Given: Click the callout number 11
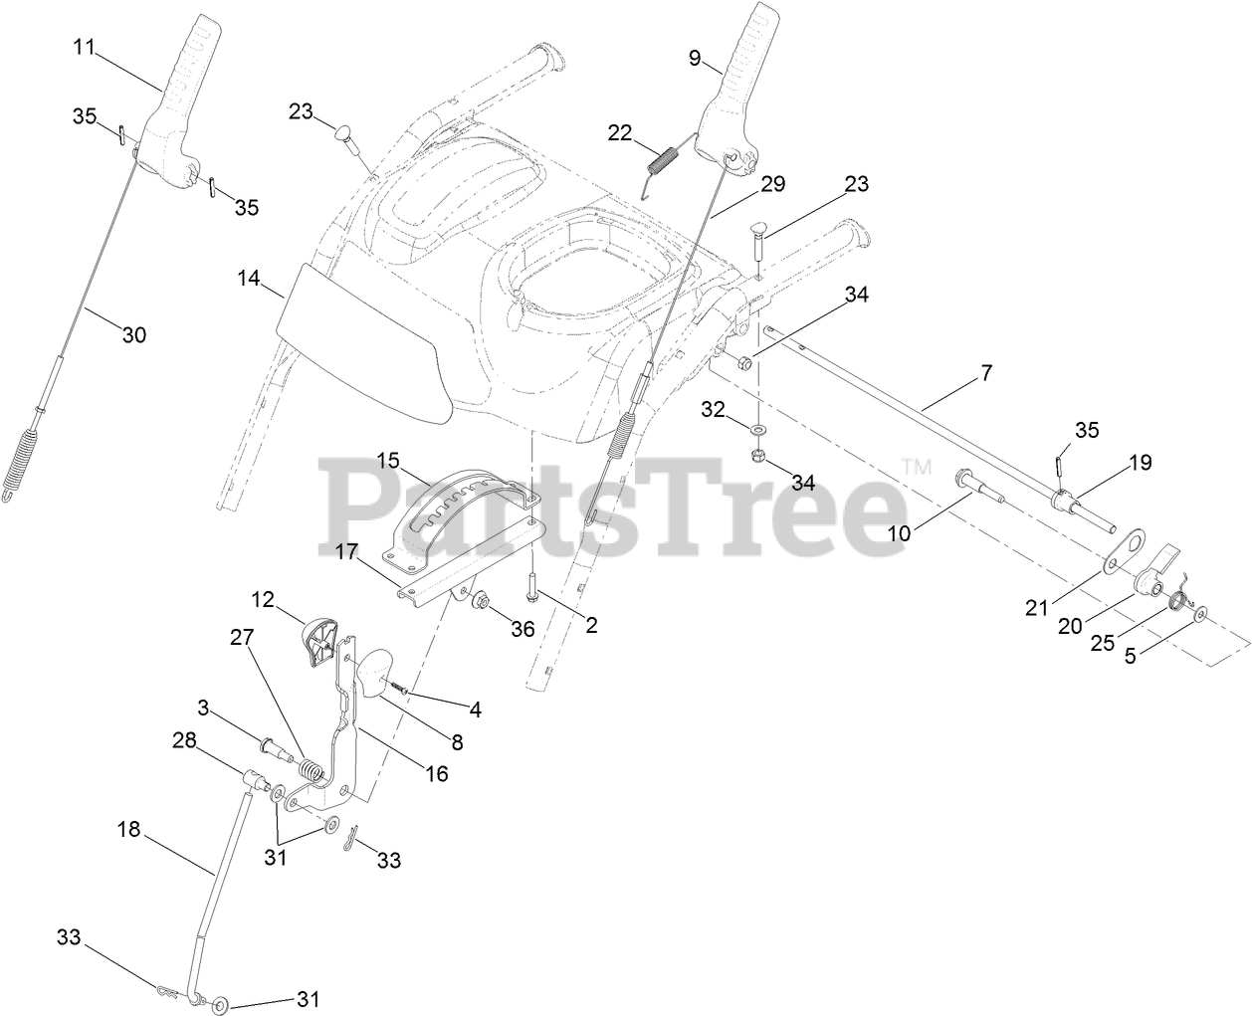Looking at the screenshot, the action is click(87, 47).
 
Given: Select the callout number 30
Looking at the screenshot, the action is click(133, 335).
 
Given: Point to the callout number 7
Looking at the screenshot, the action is click(985, 373).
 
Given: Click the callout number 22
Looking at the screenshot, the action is click(620, 133).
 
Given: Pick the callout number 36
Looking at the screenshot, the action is click(521, 628).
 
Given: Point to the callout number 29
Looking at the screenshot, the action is click(772, 184).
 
